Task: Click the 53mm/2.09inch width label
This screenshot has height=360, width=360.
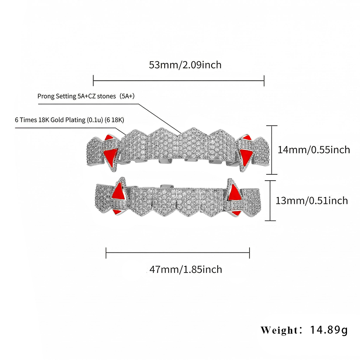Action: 185,65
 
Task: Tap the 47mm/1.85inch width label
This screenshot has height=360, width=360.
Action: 186,269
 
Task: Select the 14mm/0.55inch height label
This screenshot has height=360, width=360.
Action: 314,150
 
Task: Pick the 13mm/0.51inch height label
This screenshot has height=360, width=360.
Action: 311,201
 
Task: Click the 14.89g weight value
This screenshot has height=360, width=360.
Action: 329,330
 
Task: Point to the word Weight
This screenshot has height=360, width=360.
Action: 279,330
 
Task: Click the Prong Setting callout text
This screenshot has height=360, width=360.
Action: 86,96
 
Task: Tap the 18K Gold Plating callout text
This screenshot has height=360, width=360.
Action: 69,120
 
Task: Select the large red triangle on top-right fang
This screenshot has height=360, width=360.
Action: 246,156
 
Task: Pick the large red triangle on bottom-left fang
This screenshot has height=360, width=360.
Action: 119,191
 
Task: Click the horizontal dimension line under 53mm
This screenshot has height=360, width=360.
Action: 179,81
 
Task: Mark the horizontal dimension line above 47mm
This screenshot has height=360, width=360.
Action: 178,252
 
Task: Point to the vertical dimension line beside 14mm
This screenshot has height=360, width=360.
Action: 272,150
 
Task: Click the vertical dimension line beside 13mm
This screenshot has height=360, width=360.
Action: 270,201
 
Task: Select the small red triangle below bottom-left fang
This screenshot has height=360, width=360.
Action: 118,212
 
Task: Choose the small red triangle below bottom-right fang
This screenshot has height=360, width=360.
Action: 236,212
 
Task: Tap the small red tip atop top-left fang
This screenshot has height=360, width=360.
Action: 109,137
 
